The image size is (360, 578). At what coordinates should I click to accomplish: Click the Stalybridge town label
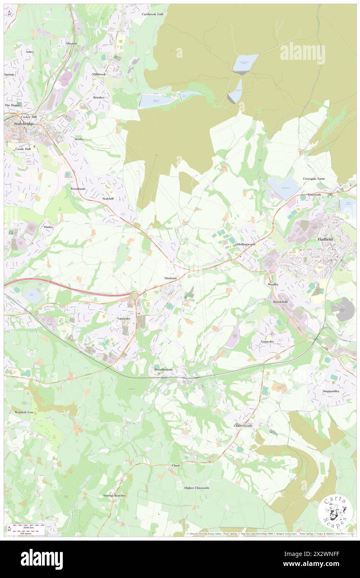[x=19, y=124]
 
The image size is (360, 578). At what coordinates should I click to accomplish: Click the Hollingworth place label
[x=246, y=244]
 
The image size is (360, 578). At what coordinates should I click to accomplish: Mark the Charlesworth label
[x=243, y=426]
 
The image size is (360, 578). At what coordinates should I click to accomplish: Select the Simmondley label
[x=331, y=391]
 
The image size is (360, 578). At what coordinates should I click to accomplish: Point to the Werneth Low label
[x=24, y=412]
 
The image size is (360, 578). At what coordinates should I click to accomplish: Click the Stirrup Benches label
[x=114, y=496]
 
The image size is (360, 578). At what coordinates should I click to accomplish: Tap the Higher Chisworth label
[x=197, y=488]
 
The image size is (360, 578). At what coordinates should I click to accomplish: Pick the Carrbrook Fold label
[x=153, y=14]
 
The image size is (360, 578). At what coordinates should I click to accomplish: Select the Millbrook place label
[x=99, y=74]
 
